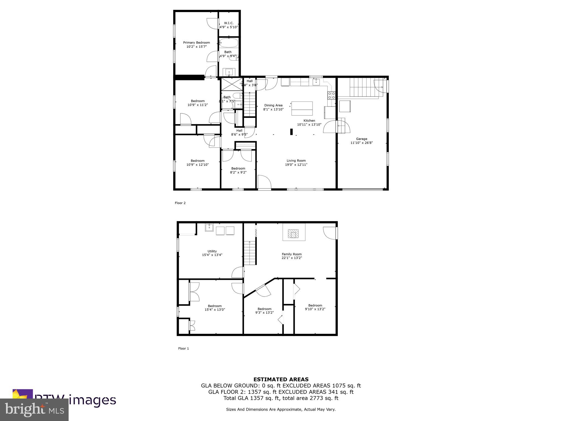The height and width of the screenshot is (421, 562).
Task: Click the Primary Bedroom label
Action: pos(196,42)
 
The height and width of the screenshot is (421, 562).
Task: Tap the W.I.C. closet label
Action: pos(229,23)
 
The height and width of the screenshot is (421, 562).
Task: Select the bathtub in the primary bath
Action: pos(229,43)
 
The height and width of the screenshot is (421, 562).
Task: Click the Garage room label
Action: pos(361,139)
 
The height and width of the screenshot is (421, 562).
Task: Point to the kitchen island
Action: pos(302,109)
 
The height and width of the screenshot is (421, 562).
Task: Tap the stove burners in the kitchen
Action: pos(331,95)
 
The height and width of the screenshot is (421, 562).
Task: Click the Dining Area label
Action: pos(273,105)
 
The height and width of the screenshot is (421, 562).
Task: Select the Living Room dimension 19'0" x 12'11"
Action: pos(296,165)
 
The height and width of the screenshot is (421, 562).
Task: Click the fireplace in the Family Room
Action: pos(294,234)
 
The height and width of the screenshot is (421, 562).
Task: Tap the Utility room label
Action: pos(212,251)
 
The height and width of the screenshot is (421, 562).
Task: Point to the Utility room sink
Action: pos(209,227)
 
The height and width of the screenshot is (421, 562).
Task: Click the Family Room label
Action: pos(291,254)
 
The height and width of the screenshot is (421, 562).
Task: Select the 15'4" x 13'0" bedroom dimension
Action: pos(215,310)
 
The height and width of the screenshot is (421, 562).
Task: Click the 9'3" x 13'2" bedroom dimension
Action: pos(264,313)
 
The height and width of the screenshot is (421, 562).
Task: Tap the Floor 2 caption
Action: pos(180,203)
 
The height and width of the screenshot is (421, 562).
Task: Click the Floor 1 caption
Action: pos(183,348)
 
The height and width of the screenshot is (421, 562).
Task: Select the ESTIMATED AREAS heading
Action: pos(281,379)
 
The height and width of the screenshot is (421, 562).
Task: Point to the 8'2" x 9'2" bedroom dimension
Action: pos(238,172)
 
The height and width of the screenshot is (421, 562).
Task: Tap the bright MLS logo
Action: pos(34,409)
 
